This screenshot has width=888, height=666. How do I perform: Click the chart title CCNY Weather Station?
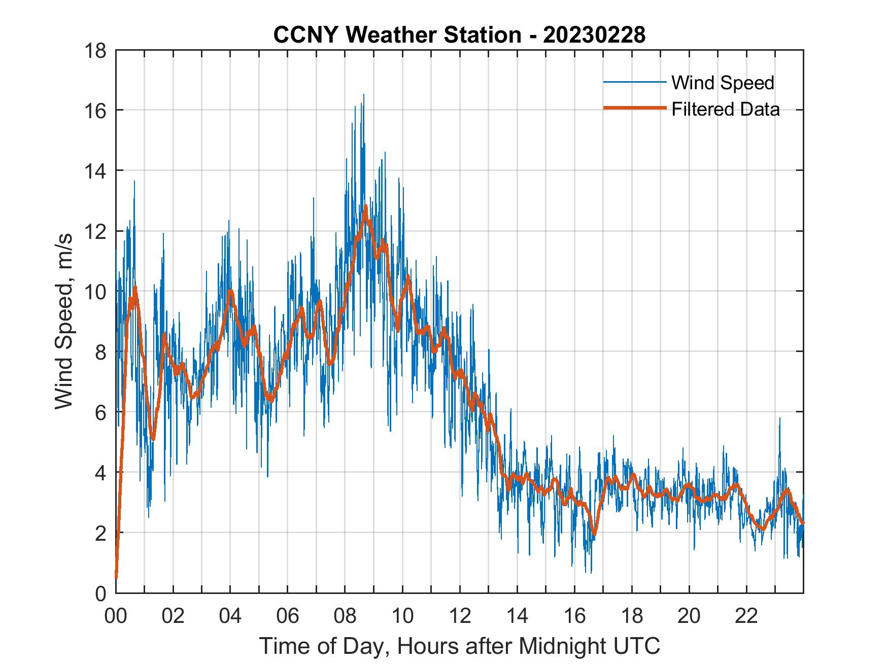(x=459, y=35)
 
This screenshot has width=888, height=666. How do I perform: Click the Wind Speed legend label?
(x=723, y=83)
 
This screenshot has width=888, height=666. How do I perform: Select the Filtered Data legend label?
(x=725, y=109)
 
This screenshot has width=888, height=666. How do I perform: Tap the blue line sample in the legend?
(x=634, y=82)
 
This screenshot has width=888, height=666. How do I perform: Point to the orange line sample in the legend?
(x=634, y=109)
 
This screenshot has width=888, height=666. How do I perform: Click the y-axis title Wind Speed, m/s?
(x=64, y=321)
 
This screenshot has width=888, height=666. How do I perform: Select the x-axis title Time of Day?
(x=459, y=646)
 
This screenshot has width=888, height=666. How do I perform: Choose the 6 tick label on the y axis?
(x=100, y=412)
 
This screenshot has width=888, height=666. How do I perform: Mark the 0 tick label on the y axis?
(x=100, y=593)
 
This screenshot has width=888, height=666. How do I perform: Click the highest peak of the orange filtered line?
(x=365, y=206)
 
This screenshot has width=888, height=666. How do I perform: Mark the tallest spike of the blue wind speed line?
(x=363, y=95)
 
